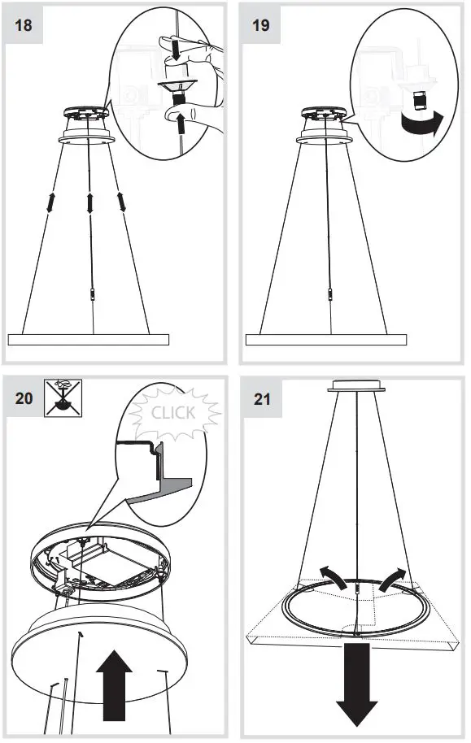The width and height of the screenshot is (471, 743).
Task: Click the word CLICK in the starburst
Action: click(173, 412)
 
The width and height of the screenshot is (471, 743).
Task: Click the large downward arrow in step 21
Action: click(355, 683)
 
